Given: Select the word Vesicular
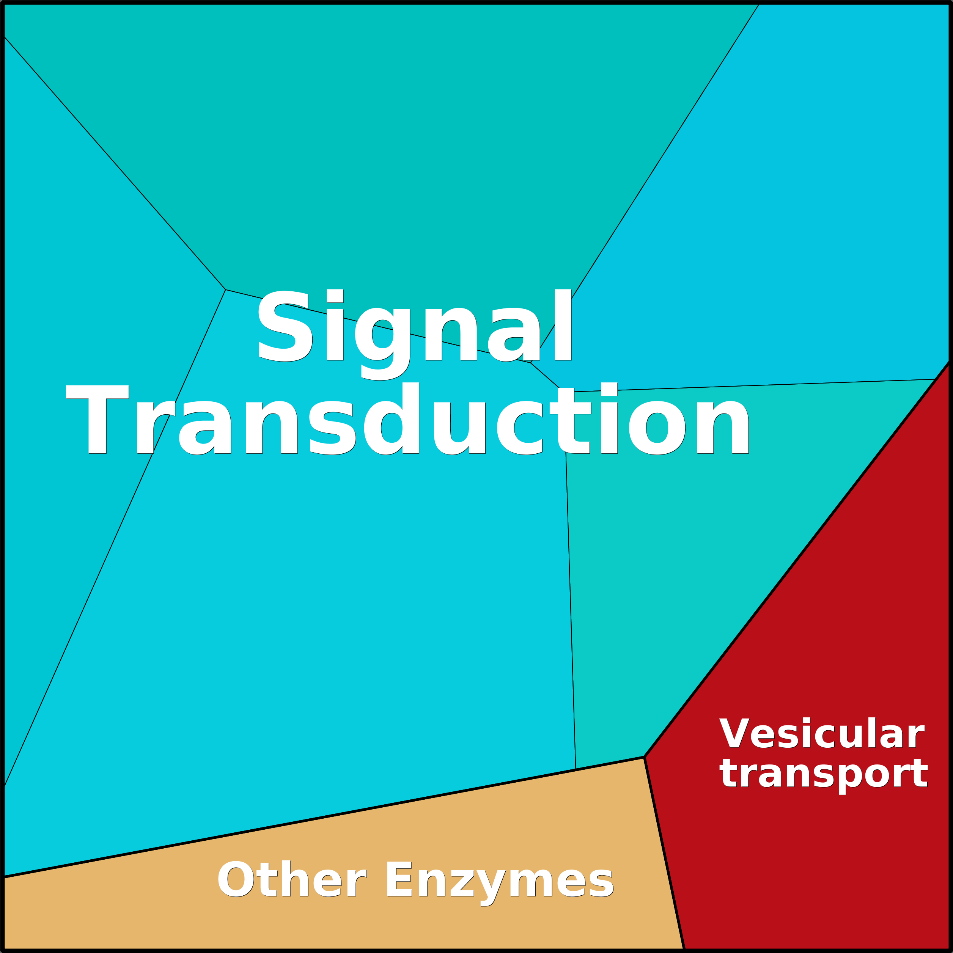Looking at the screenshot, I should (x=821, y=733).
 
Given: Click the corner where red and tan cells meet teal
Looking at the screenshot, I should (x=644, y=757).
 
